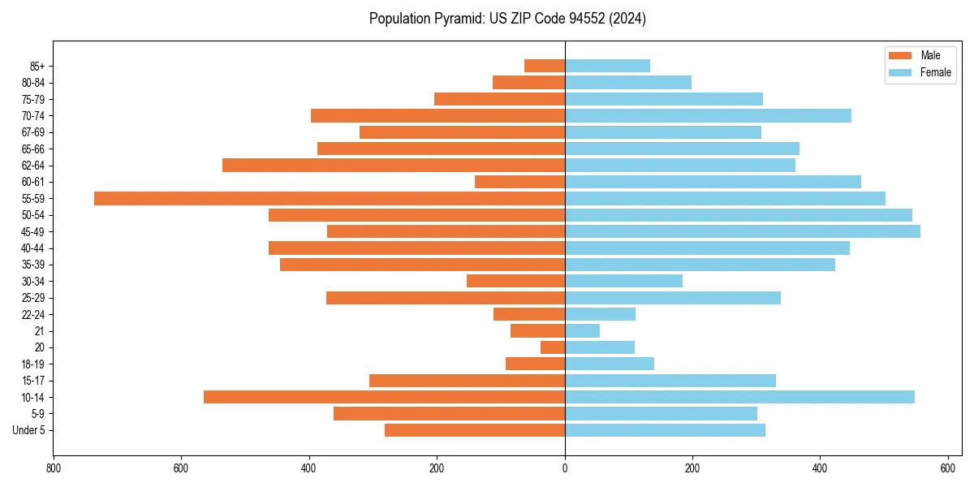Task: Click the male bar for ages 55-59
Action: [x=330, y=198]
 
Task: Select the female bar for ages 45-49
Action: [x=743, y=231]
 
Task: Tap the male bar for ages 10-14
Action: [x=384, y=397]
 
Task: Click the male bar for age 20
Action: [x=553, y=347]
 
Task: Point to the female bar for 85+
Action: [x=607, y=66]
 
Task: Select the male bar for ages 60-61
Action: [x=519, y=182]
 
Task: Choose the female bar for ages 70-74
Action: [x=708, y=115]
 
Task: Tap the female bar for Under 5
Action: [x=665, y=430]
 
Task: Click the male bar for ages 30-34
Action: [x=515, y=281]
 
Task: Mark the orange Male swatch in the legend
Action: [x=900, y=55]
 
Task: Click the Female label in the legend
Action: [x=936, y=72]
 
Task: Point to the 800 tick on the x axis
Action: [x=54, y=468]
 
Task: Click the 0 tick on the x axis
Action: [x=565, y=468]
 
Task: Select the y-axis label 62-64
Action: [x=33, y=166]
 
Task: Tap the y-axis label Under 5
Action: [x=29, y=430]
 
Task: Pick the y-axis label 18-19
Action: [x=33, y=364]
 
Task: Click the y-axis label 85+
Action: [x=37, y=66]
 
